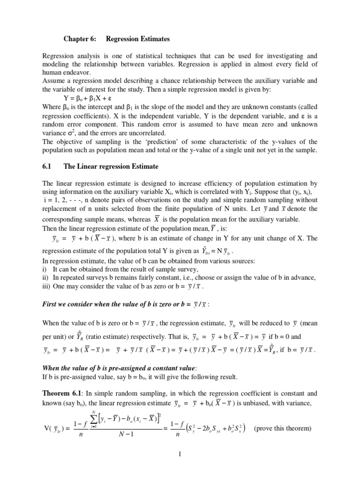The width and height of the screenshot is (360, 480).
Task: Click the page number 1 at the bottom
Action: coord(180,453)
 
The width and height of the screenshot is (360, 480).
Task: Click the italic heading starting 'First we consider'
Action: coord(126,304)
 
